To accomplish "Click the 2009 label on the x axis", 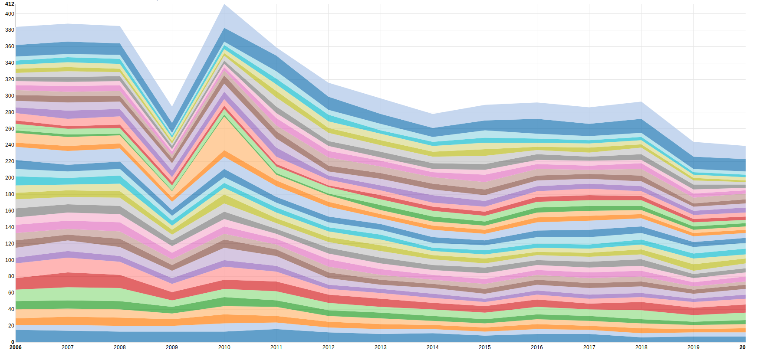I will click(x=172, y=347).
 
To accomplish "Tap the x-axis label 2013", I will click(x=381, y=347).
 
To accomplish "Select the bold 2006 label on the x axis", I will click(x=16, y=347).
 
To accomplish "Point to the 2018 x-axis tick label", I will click(x=641, y=347).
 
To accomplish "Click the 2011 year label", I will click(x=276, y=347).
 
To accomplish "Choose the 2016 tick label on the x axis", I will click(x=537, y=347).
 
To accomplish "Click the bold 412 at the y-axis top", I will click(x=10, y=4).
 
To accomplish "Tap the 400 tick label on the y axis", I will click(x=10, y=14).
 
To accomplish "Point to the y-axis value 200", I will click(x=10, y=178).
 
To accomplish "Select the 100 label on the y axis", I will click(x=10, y=260).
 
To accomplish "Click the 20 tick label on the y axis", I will click(x=11, y=326).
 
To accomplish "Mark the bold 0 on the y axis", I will click(x=13, y=342).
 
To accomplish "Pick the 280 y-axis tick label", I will click(x=10, y=112).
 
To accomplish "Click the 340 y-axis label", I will click(x=10, y=63).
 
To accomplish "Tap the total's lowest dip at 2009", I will click(x=172, y=107).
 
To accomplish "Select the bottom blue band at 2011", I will click(x=276, y=336).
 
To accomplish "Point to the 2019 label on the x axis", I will click(x=693, y=347).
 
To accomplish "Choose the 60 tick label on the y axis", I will click(x=11, y=293).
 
